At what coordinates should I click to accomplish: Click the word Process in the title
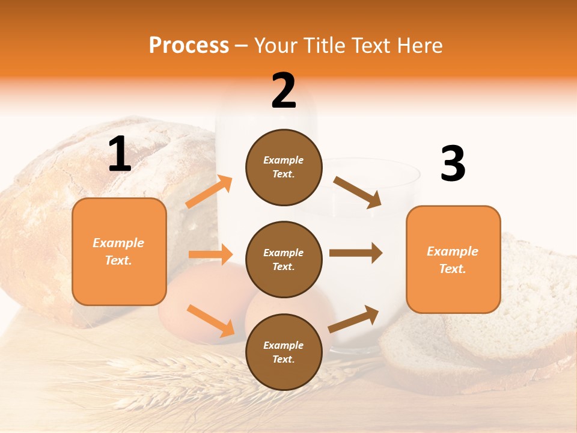(189, 46)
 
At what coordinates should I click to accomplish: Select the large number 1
(120, 155)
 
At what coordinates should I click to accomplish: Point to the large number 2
(284, 91)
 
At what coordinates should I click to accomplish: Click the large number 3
(453, 164)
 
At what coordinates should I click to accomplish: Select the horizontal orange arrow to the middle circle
(210, 254)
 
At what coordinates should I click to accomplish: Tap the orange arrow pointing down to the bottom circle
(211, 320)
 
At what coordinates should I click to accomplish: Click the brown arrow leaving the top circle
(357, 192)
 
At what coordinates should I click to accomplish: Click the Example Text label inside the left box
(118, 251)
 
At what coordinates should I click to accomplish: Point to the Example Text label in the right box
(453, 260)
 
